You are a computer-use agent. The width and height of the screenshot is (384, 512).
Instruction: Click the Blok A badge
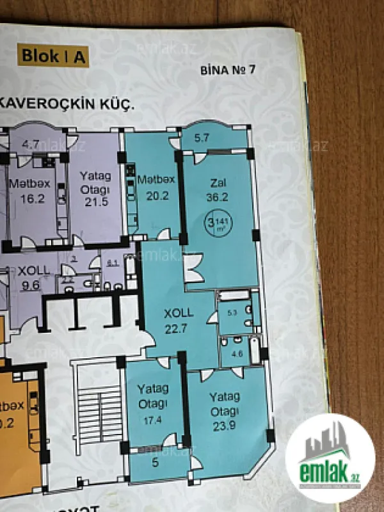pos(54,56)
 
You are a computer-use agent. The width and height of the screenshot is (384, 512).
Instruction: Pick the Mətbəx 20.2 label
pos(152,188)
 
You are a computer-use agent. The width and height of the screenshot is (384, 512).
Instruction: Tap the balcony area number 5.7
pos(203,137)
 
